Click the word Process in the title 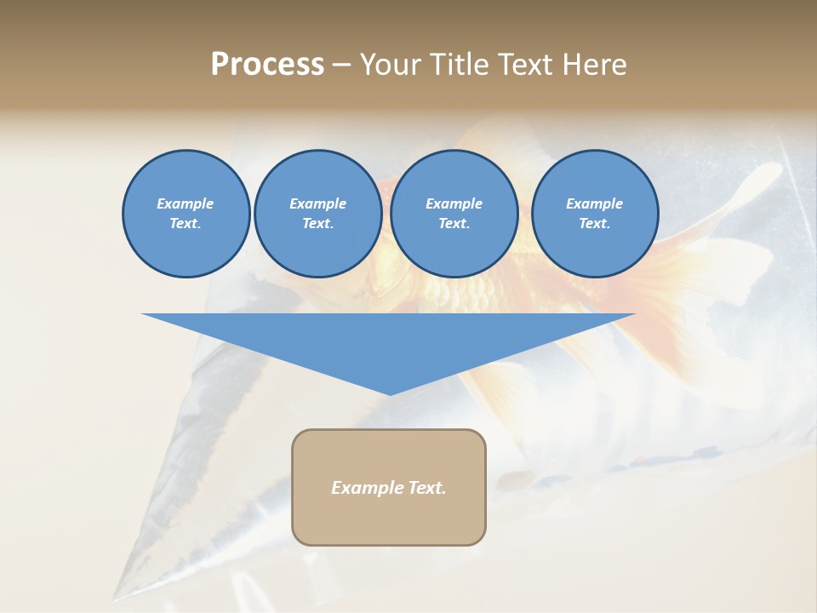click(267, 65)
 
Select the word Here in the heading click(594, 65)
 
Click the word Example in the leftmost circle click(186, 203)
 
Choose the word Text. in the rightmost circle click(595, 224)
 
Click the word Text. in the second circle click(318, 224)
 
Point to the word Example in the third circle click(454, 203)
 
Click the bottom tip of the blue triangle click(390, 393)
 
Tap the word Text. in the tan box click(426, 488)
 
